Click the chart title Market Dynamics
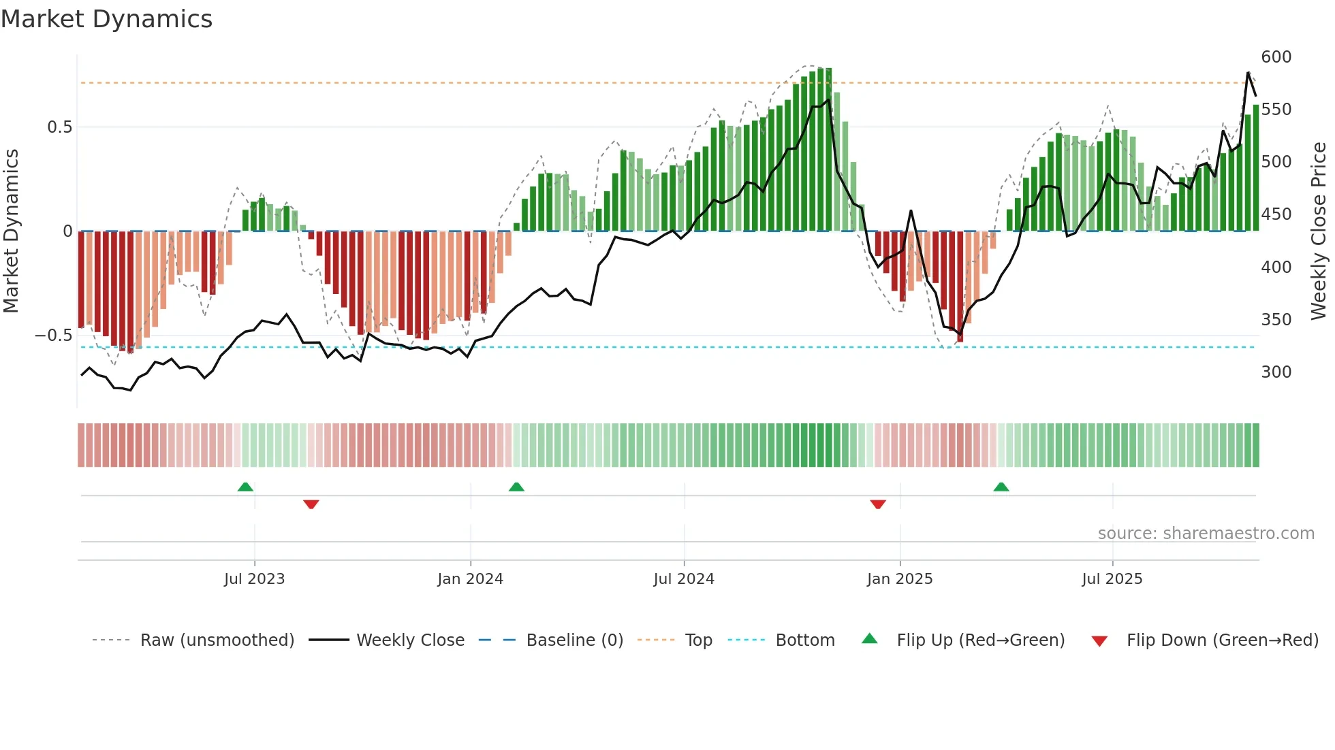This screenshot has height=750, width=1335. click(106, 19)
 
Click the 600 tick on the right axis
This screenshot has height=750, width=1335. click(1276, 57)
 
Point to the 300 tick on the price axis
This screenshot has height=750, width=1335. click(1276, 372)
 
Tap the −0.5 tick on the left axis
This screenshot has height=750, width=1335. click(53, 336)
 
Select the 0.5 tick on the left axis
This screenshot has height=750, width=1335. click(59, 127)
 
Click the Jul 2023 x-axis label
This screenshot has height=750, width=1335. click(254, 579)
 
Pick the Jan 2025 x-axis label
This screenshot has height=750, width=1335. click(899, 579)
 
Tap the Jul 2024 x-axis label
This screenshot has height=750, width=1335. click(683, 579)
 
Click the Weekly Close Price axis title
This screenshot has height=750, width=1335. click(1319, 231)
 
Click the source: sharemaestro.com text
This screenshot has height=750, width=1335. click(1206, 534)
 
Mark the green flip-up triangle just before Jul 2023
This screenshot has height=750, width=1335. click(245, 487)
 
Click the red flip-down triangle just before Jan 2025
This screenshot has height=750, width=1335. click(878, 504)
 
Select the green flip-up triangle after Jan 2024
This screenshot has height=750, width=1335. click(516, 487)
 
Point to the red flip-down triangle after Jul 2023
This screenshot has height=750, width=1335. click(311, 504)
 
